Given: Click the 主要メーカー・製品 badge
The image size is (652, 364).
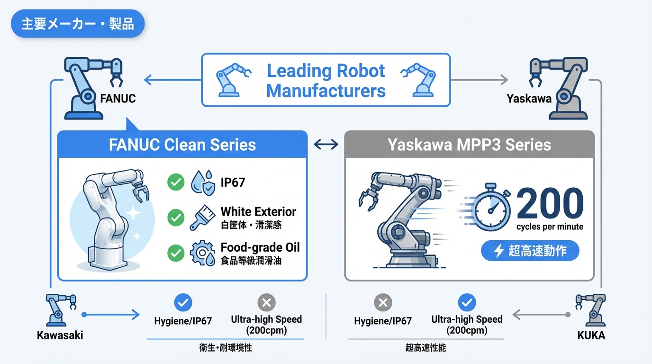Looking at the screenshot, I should [77, 24].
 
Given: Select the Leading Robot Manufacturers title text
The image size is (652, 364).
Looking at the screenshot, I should [326, 81].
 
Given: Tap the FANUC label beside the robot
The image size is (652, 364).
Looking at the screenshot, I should [118, 99].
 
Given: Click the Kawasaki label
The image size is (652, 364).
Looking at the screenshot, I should [60, 335].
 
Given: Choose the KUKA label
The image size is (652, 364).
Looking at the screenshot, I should [591, 335].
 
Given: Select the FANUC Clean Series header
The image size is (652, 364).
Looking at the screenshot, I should [182, 145].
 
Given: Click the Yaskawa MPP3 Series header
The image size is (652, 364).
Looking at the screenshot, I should [469, 145].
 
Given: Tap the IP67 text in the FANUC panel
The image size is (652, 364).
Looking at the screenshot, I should [233, 182].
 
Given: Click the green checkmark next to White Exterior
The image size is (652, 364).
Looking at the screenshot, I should [176, 218].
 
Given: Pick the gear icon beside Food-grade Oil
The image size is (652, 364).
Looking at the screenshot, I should [202, 254].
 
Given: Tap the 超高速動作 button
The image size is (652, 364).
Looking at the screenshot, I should [530, 251].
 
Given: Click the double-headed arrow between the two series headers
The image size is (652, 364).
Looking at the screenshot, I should [326, 144].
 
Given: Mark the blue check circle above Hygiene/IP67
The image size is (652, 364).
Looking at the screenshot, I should [183, 302].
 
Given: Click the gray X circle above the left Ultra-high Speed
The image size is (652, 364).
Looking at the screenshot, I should [266, 302].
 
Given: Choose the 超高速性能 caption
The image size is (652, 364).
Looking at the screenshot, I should [426, 348].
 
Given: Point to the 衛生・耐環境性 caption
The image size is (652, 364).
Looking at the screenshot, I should [226, 348].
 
